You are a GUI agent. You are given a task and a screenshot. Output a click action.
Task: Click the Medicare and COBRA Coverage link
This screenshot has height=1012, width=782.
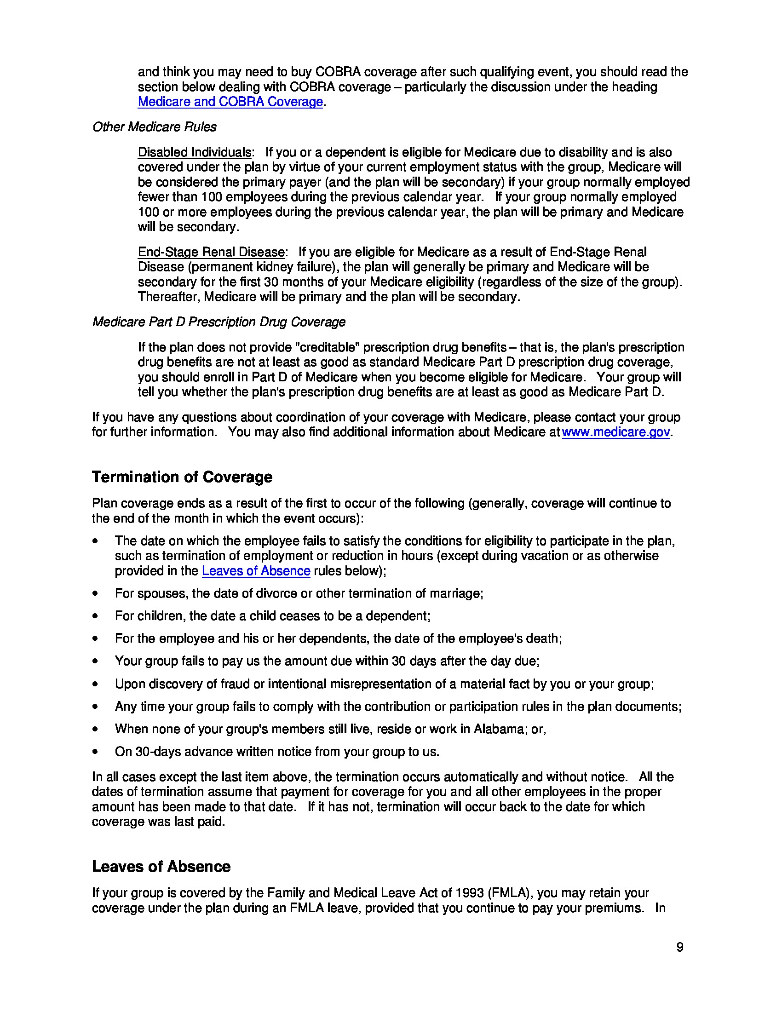click(230, 102)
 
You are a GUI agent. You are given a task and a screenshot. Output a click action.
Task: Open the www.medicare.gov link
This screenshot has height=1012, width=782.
click(615, 432)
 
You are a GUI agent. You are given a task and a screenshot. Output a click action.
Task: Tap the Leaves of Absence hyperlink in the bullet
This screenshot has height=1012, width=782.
click(256, 571)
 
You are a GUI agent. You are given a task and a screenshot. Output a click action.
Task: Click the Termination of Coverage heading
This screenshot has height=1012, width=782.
click(182, 477)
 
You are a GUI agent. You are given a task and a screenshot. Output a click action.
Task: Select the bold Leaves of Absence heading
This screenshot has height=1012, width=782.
click(161, 867)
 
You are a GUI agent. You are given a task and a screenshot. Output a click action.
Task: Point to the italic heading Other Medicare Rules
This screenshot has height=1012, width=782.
click(154, 127)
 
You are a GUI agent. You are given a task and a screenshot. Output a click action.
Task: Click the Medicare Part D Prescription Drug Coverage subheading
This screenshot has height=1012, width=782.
click(218, 322)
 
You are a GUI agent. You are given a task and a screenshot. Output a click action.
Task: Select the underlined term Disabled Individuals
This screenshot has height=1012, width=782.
click(195, 152)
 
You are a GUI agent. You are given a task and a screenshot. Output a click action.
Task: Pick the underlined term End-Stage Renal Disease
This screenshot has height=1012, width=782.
click(211, 252)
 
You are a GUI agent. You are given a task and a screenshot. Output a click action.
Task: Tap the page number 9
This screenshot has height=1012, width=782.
click(679, 947)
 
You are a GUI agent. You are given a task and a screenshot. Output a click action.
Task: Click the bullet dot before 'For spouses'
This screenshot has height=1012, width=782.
click(95, 593)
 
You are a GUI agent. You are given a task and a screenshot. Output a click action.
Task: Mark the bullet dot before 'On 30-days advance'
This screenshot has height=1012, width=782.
click(95, 752)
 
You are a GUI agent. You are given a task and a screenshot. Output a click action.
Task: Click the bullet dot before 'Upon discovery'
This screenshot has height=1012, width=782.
click(95, 684)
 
